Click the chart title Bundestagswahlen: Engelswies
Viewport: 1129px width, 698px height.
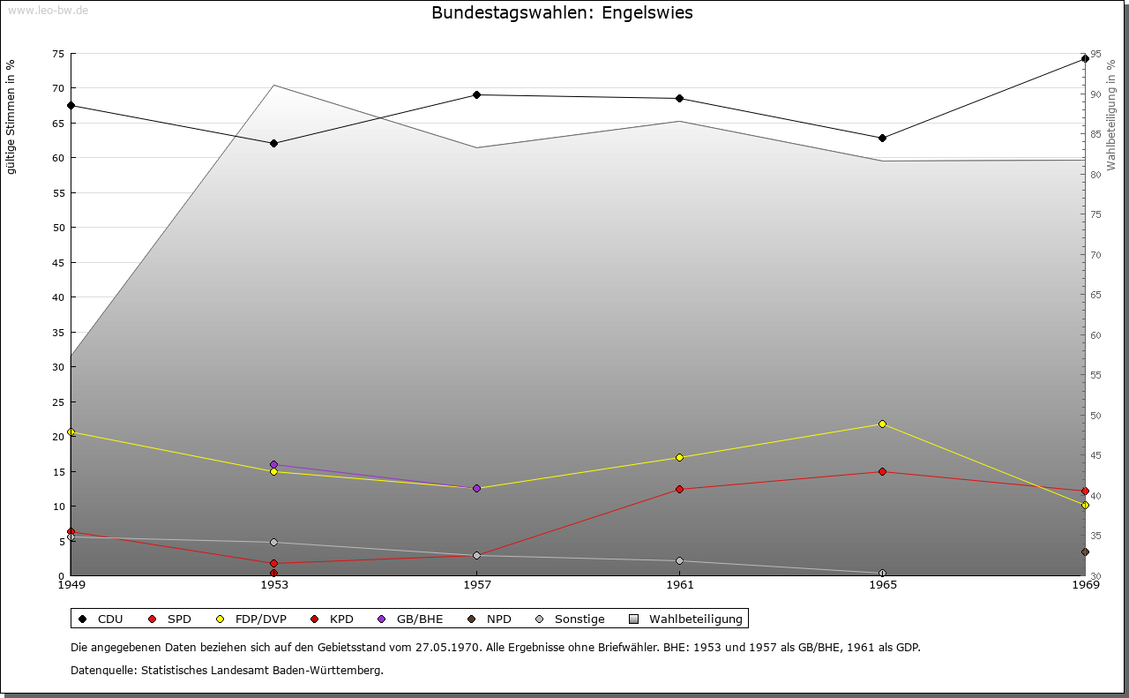pyautogui.click(x=562, y=13)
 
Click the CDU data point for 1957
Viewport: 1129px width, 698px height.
pyautogui.click(x=476, y=94)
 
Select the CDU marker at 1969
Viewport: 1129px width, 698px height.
pyautogui.click(x=1085, y=59)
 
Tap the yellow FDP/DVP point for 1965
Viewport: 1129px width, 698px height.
pyautogui.click(x=882, y=424)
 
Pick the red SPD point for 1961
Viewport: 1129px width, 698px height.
pyautogui.click(x=679, y=489)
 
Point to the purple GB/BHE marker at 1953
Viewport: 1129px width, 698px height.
pyautogui.click(x=273, y=464)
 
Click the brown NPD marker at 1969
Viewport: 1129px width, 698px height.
pyautogui.click(x=1085, y=552)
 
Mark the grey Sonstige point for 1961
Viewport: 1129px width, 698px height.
pyautogui.click(x=679, y=561)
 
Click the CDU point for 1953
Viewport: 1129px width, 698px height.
pyautogui.click(x=273, y=143)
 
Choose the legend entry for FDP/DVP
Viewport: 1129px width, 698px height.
pyautogui.click(x=252, y=619)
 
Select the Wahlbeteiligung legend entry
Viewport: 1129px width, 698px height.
pyautogui.click(x=687, y=619)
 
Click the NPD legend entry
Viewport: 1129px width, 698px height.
pyautogui.click(x=490, y=619)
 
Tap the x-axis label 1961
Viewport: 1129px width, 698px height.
pyautogui.click(x=679, y=584)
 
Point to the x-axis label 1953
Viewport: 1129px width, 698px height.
pyautogui.click(x=273, y=584)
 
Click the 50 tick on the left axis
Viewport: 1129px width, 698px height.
pyautogui.click(x=57, y=228)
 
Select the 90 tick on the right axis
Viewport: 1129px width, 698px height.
pyautogui.click(x=1095, y=94)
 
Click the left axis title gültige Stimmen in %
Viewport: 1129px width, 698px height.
pyautogui.click(x=11, y=116)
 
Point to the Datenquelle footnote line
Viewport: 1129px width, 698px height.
pyautogui.click(x=227, y=671)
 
